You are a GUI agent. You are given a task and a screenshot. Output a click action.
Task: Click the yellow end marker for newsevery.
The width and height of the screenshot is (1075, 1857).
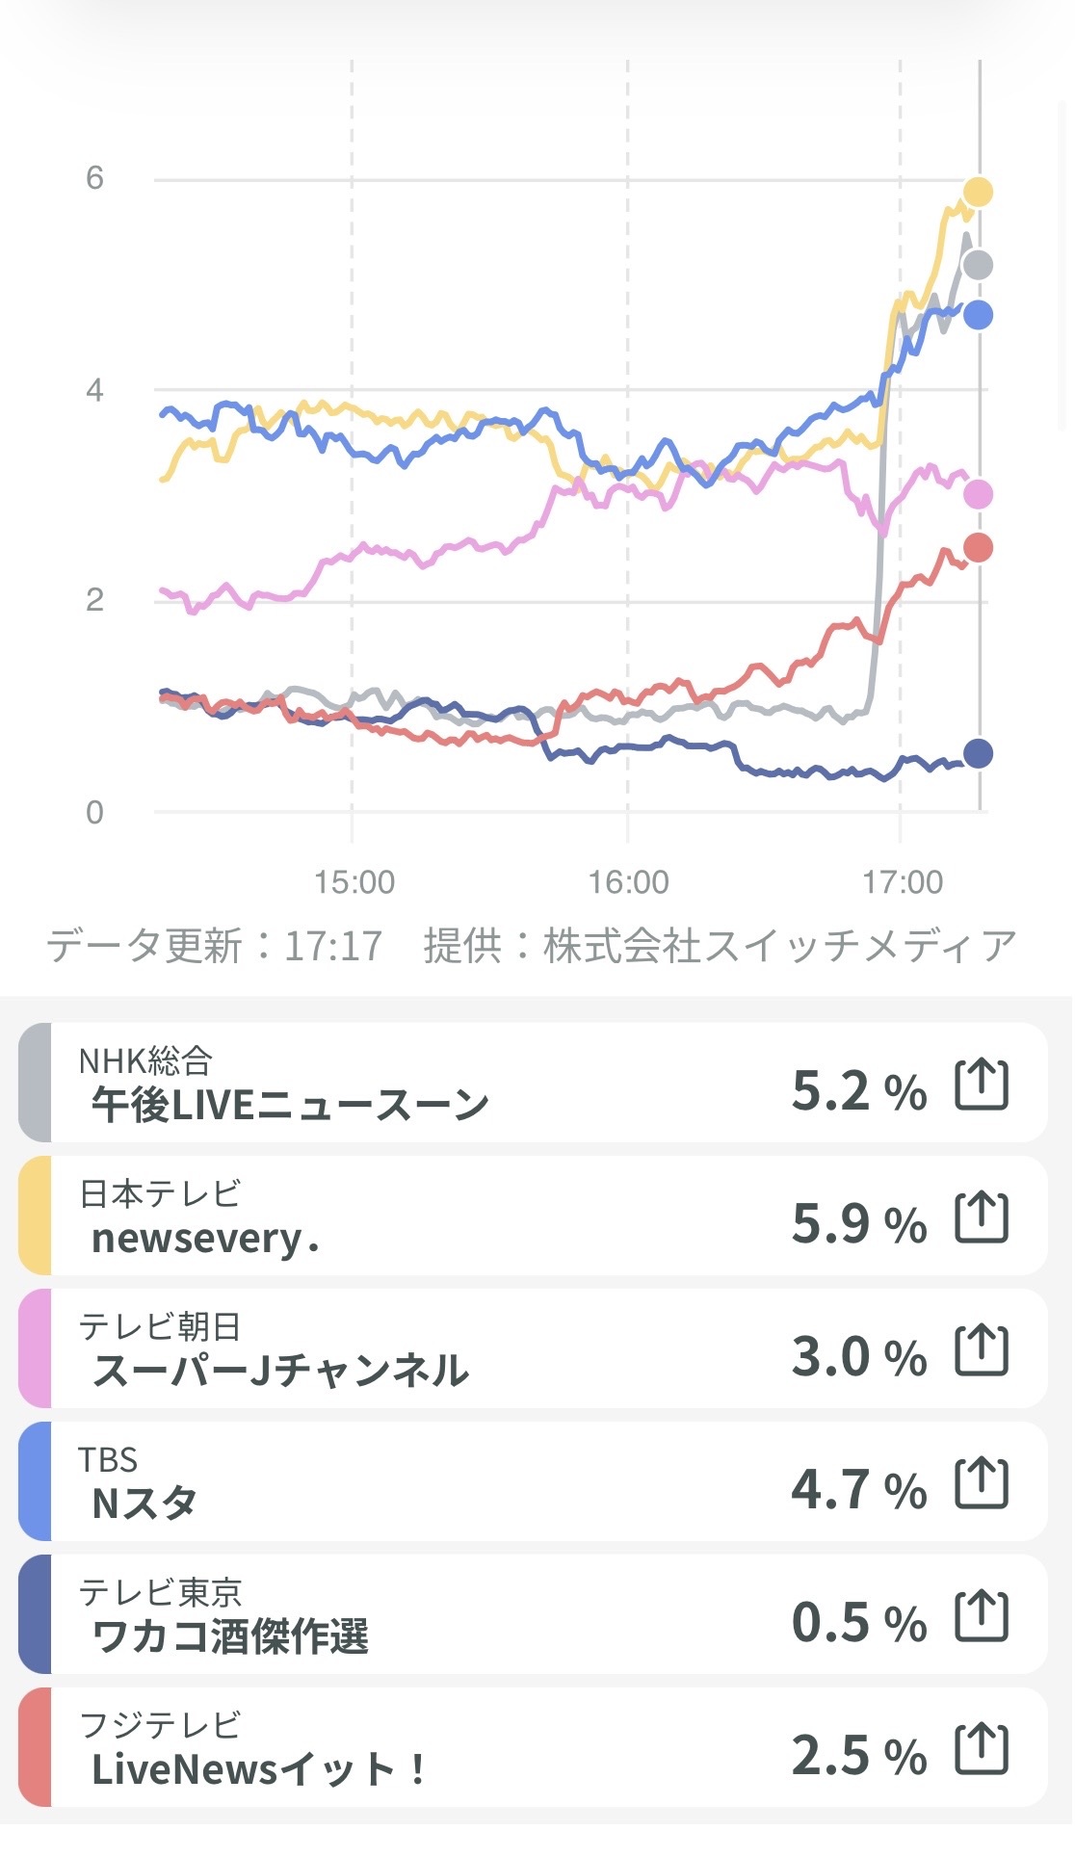tap(978, 192)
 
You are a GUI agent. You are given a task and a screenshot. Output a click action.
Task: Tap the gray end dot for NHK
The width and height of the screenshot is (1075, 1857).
tap(978, 264)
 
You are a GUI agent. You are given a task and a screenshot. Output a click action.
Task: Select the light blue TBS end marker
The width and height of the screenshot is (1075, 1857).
tap(978, 315)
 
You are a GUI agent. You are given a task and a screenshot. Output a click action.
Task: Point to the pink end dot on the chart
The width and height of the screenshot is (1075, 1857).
tap(978, 494)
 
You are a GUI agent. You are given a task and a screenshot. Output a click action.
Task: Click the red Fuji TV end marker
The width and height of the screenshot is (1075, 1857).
tap(978, 547)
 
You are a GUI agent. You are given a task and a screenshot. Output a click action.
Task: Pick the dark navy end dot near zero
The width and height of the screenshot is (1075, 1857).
tap(978, 753)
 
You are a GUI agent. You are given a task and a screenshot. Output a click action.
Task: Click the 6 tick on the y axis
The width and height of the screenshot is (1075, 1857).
tap(94, 178)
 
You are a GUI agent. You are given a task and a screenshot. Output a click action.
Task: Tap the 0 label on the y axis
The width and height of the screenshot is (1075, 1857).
tap(94, 812)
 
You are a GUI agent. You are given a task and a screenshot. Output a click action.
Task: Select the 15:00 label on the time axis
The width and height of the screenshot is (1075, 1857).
tap(354, 881)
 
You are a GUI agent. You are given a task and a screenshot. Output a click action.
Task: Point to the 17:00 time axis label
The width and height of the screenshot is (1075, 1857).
tap(903, 881)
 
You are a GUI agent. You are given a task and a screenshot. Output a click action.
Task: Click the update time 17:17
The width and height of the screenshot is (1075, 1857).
tap(333, 946)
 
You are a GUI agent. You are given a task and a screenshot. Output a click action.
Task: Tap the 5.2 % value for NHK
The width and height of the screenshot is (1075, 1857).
tap(858, 1090)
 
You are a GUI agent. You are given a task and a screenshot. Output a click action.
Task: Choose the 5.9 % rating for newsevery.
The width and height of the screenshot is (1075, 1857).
tap(858, 1223)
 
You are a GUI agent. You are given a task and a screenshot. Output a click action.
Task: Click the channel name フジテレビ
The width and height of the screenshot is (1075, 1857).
tap(160, 1724)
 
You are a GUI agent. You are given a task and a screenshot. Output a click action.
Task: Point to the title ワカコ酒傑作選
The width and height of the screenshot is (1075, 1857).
tap(230, 1635)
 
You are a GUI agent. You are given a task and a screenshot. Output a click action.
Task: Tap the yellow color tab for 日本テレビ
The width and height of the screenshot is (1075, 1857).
tap(35, 1216)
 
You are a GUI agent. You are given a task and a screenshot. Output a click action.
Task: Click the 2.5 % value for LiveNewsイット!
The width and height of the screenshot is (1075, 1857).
tap(858, 1755)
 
